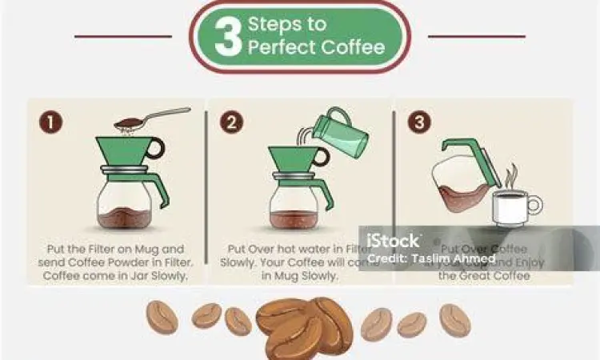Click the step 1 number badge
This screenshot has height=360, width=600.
coord(50,123)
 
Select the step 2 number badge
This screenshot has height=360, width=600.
coord(232,123)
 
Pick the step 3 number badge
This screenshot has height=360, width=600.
coord(418,123)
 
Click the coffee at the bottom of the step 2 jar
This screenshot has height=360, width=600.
coord(294,218)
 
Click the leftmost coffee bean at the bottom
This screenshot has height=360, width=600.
coord(162,318)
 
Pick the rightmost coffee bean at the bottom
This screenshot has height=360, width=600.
coord(454,319)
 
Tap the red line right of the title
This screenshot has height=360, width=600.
coord(477,36)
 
